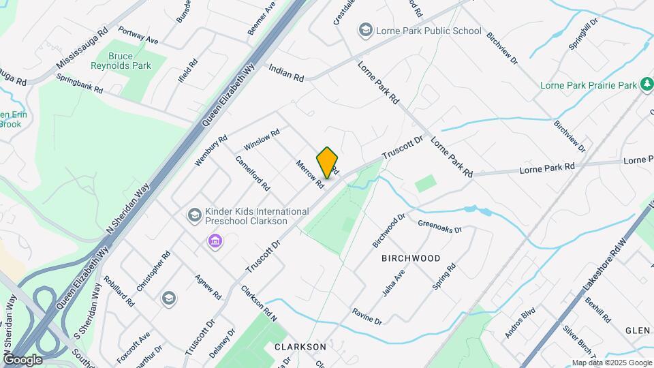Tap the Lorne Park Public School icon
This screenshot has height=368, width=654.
(x=366, y=31)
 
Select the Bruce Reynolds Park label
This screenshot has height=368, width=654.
(x=120, y=61)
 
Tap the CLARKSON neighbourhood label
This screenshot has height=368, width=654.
(x=300, y=347)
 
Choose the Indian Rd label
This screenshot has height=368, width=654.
(x=286, y=73)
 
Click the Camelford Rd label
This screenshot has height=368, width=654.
(x=253, y=173)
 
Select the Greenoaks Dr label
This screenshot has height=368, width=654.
(x=440, y=226)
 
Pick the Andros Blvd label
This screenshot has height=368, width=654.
(x=520, y=322)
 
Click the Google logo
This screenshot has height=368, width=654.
(x=22, y=359)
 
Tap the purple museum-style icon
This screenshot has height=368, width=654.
(x=215, y=241)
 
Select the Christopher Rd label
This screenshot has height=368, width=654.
(x=153, y=272)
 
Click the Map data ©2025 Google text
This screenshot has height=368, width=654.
(x=611, y=363)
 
